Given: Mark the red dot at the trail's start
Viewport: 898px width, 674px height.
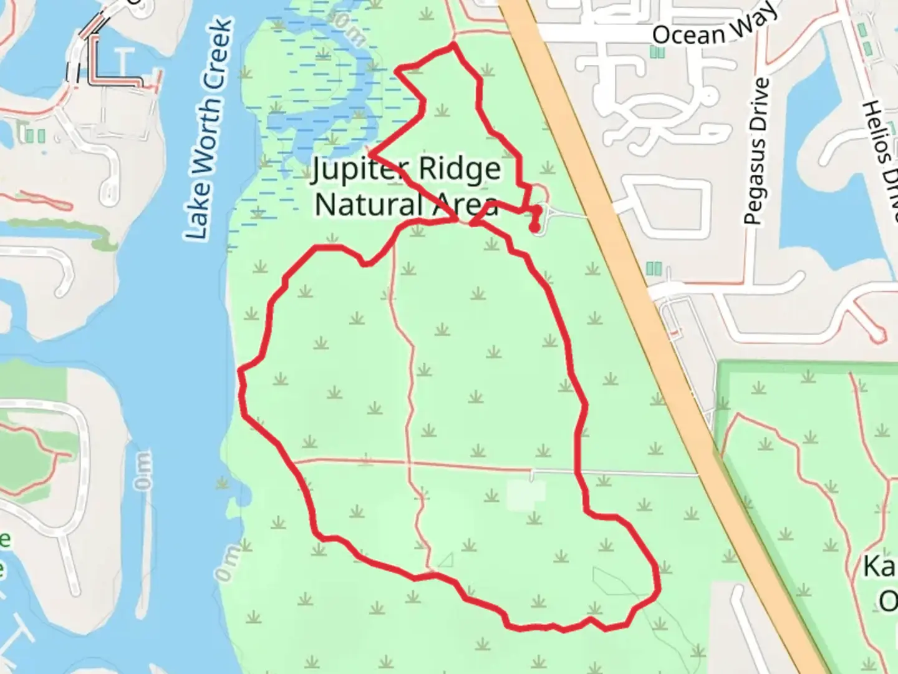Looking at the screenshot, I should coord(534,228).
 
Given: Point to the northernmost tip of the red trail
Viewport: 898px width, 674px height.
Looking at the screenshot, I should coord(453,44).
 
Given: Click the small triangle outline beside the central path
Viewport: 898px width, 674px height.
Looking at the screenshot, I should coord(445,560).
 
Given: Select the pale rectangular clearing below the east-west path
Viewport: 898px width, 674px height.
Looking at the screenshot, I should coord(525,494).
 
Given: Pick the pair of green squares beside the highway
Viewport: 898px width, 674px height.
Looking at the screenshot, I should coord(653,268).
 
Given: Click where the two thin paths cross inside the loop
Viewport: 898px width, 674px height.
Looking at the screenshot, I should coord(410,463).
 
